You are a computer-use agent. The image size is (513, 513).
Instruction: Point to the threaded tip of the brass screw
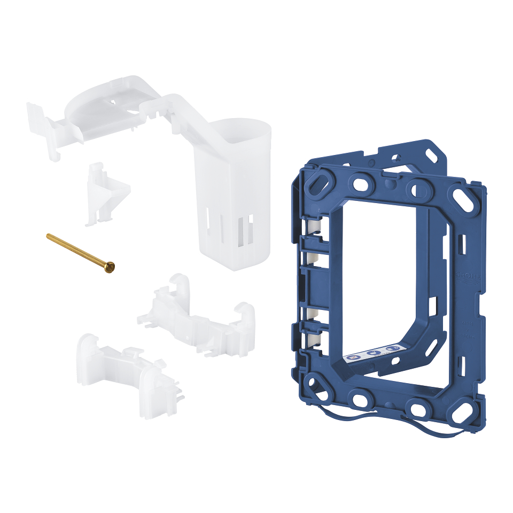click(49, 236)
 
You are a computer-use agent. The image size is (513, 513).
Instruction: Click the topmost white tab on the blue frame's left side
click(316, 227)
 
